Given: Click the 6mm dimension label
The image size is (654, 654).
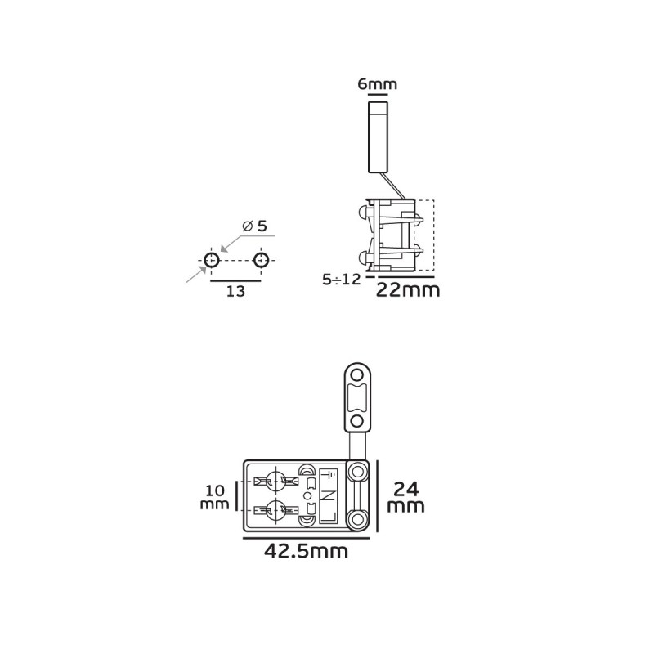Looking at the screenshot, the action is (x=378, y=84).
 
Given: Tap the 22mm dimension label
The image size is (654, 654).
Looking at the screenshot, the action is (x=408, y=289).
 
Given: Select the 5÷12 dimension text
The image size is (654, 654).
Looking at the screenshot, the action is (x=341, y=279).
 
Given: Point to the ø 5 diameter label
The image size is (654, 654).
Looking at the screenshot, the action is (x=254, y=226).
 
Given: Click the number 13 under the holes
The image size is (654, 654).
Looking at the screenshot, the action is (x=235, y=291).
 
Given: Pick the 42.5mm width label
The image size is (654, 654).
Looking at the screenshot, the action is (x=306, y=551).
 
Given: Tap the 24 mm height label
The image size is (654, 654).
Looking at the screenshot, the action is (x=405, y=497).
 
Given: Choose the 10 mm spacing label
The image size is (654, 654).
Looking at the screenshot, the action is (x=215, y=496).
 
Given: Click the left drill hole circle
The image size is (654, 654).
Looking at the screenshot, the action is (x=212, y=260).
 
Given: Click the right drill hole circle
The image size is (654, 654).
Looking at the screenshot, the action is (x=261, y=260).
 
